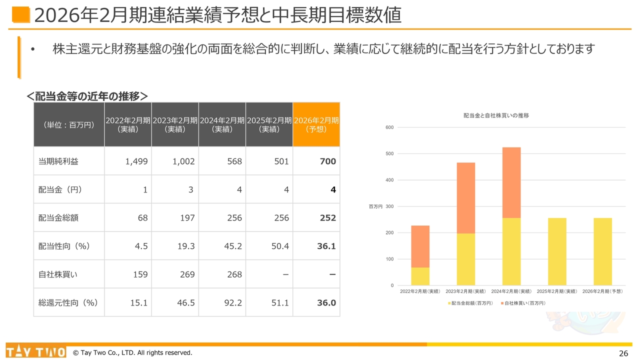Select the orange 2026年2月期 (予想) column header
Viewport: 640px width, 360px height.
tap(316, 124)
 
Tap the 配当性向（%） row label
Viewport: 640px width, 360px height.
tap(64, 246)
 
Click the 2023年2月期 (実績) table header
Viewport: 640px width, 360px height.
tap(175, 124)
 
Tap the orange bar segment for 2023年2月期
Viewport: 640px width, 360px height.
tap(466, 198)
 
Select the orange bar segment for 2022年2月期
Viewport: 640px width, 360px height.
tap(420, 246)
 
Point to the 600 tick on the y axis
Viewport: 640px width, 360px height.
tap(389, 127)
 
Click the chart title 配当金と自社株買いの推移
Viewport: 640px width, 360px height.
tap(496, 115)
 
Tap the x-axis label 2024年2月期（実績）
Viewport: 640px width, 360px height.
tap(511, 291)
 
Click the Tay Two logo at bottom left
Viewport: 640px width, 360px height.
tap(35, 352)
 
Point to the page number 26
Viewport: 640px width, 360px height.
tap(623, 353)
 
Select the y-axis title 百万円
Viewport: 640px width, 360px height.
tap(375, 206)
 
